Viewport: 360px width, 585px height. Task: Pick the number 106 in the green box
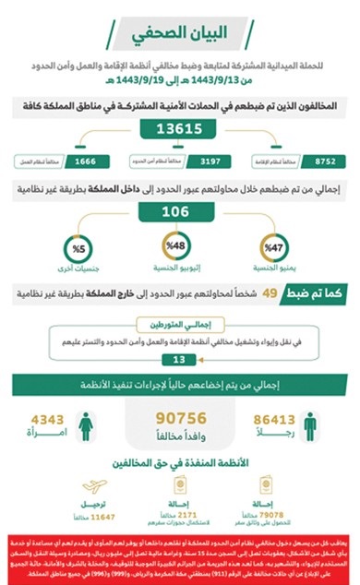click(x=180, y=211)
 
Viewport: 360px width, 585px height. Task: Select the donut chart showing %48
click(x=180, y=247)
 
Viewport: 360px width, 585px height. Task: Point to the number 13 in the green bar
click(x=180, y=358)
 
